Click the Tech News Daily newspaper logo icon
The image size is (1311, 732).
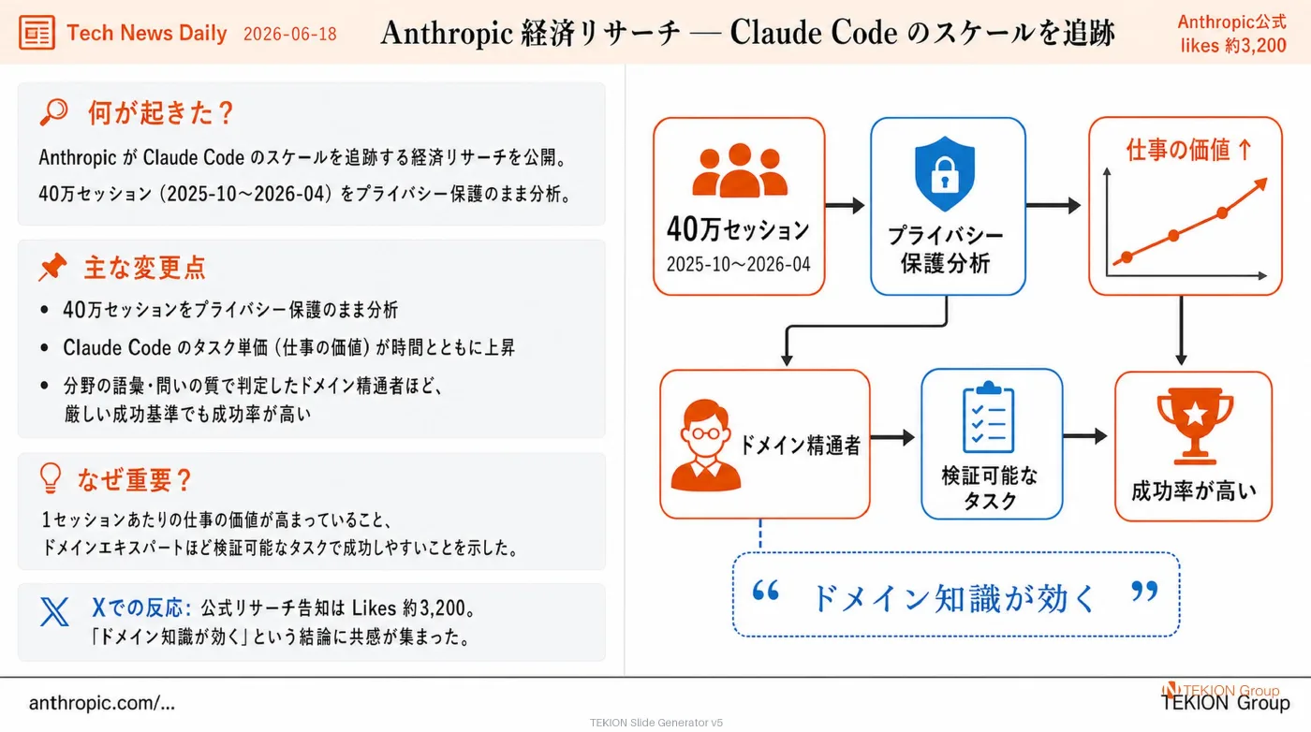click(37, 32)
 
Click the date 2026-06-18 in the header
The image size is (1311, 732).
click(289, 34)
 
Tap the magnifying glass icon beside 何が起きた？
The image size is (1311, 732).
click(54, 111)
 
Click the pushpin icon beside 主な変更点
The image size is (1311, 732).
click(52, 267)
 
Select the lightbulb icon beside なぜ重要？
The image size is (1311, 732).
click(51, 478)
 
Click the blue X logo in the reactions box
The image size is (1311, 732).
click(54, 611)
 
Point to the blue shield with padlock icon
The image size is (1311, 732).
click(945, 173)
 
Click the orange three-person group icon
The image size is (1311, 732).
click(740, 169)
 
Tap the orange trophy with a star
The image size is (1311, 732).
click(1195, 425)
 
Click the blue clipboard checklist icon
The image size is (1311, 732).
click(989, 417)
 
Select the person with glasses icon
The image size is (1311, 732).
click(705, 446)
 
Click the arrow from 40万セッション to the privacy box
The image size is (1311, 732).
click(845, 205)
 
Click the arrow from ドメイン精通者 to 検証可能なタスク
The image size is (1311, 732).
click(892, 437)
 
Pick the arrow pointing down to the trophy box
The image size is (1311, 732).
click(1181, 330)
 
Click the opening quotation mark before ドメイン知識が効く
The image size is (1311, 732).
click(766, 591)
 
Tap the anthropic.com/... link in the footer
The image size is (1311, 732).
click(102, 702)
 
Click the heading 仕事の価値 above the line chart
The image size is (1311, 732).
click(1178, 150)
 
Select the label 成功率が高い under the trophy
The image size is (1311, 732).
click(1194, 490)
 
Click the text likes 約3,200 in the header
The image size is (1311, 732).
click(1233, 45)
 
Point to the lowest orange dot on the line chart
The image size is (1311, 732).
click(1127, 256)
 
